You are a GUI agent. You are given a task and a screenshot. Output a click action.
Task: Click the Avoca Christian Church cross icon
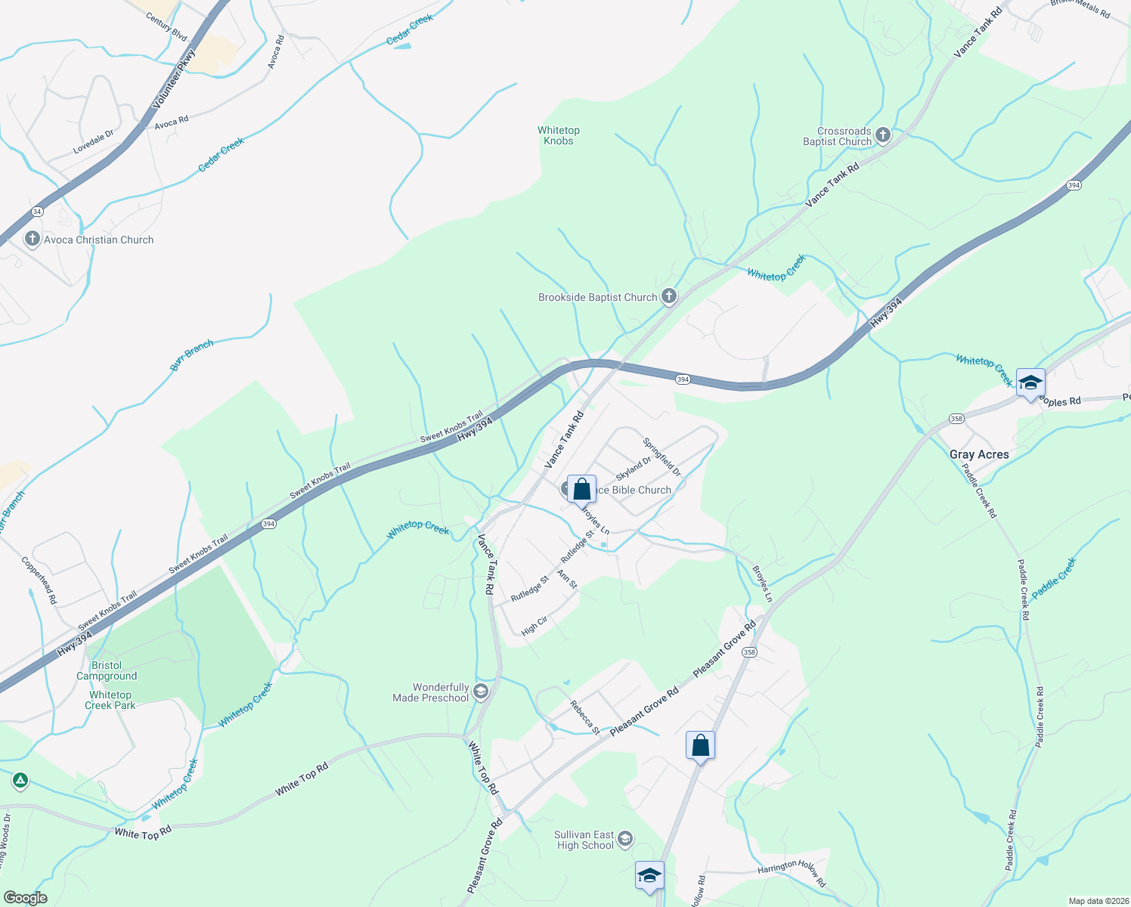click(32, 240)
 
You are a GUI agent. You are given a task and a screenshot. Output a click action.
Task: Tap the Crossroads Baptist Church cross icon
click(883, 136)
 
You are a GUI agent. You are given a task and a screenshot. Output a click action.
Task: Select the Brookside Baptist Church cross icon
click(669, 297)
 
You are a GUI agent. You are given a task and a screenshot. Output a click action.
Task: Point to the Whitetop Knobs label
click(559, 136)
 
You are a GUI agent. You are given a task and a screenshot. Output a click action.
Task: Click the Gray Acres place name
click(979, 454)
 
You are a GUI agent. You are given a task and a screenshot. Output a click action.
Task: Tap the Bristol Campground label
click(107, 671)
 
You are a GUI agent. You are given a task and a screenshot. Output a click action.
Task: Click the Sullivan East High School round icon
click(625, 838)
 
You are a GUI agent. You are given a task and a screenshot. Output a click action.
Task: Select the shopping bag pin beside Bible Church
click(581, 490)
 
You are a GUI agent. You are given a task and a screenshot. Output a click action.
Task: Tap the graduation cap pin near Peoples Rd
click(1030, 382)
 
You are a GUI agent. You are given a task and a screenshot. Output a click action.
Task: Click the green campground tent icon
click(20, 780)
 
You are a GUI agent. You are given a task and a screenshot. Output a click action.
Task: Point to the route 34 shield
click(38, 211)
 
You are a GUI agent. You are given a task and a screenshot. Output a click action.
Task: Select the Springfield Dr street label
click(662, 457)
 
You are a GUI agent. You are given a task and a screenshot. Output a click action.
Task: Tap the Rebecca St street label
click(585, 718)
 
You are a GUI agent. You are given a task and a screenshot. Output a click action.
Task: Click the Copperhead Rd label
click(39, 580)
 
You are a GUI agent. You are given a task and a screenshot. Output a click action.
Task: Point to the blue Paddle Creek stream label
click(1053, 578)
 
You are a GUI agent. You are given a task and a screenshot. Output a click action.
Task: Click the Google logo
click(25, 898)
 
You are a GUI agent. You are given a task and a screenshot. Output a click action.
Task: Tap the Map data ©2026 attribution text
click(1097, 901)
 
